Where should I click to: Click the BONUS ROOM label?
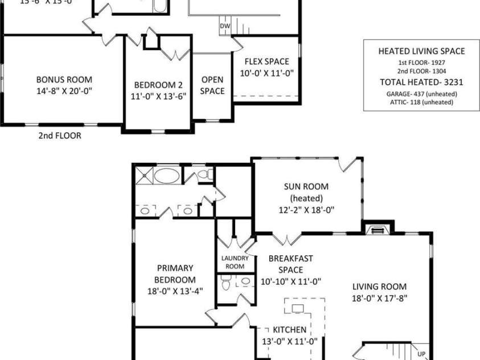[64, 80]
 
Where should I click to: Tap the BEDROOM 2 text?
[158, 85]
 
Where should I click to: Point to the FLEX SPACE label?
[266, 62]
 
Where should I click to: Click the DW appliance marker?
[225, 26]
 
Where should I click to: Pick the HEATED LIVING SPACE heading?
[421, 51]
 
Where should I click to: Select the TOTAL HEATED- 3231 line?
[421, 83]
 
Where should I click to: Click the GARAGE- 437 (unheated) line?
[421, 93]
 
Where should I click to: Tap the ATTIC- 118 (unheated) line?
[421, 102]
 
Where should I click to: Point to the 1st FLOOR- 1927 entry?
[421, 63]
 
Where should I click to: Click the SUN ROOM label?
[306, 187]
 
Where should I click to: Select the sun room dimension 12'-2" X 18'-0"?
[306, 210]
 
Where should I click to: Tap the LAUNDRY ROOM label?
[232, 262]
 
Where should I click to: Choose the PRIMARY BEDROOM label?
[175, 273]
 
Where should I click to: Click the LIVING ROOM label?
[379, 287]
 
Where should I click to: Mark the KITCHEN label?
[289, 330]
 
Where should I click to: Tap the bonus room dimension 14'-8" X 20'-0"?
[64, 91]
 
